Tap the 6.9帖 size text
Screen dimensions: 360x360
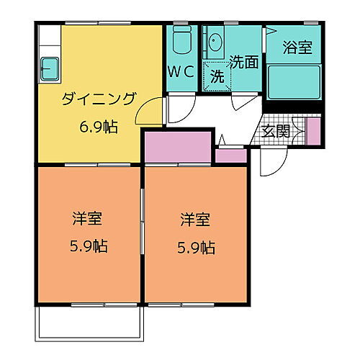[99, 126]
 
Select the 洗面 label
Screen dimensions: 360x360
[244, 62]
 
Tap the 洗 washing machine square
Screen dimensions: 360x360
[216, 76]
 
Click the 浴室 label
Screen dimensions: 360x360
[297, 48]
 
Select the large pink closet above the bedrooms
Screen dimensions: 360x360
[177, 148]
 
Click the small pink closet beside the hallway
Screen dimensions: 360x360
[231, 156]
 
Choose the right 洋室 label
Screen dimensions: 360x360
[194, 218]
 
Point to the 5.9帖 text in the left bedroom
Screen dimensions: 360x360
[89, 246]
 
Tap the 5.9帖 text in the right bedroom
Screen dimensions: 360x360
[195, 247]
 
